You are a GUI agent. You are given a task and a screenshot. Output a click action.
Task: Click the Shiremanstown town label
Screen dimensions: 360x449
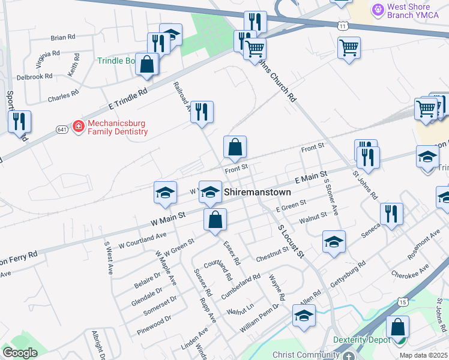coord(258,193)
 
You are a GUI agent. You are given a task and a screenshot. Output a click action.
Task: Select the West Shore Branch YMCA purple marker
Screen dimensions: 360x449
coord(378,10)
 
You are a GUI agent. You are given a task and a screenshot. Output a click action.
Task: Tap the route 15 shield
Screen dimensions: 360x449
coord(402,301)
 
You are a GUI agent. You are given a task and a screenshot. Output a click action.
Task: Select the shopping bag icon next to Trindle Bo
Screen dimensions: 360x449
coord(146,64)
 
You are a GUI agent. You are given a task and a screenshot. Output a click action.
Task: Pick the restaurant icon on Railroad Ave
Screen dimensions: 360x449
coord(202,112)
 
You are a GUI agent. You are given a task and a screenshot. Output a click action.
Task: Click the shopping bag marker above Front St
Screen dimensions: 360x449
coord(235,146)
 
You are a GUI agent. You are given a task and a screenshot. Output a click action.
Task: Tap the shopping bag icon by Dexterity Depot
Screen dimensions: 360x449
coord(397,328)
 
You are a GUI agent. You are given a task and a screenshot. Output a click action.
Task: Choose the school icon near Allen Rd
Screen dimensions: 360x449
coord(304,315)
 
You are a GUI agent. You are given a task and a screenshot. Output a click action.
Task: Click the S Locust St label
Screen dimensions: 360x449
coord(291,239)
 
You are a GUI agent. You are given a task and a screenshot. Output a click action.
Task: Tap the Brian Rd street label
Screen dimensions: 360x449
coord(62,37)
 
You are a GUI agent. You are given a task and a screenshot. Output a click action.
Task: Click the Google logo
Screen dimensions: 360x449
coord(20,353)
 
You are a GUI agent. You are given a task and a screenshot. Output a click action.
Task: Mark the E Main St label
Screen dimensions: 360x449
coord(310,177)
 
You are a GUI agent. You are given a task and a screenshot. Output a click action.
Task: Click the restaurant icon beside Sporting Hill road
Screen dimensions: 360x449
coord(19,122)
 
